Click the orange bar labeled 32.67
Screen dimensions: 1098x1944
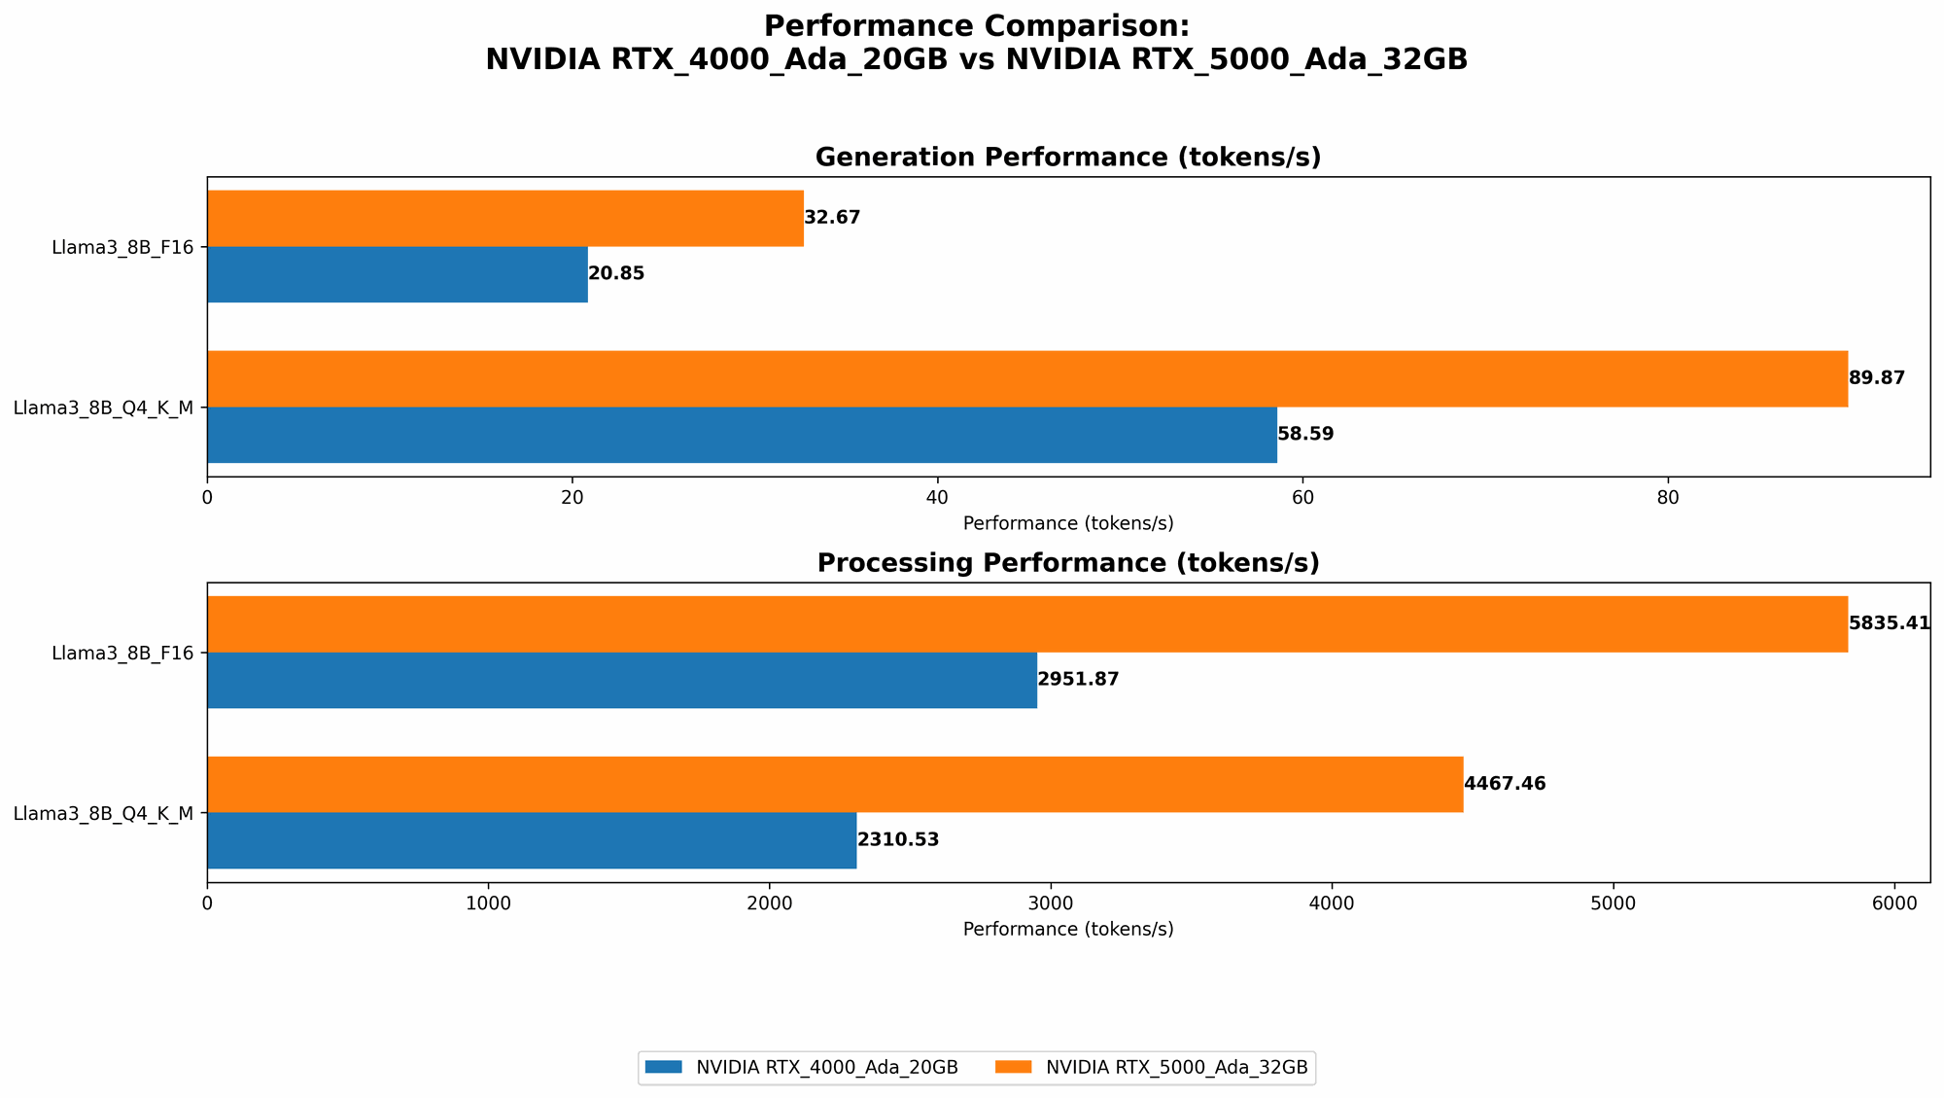(x=505, y=218)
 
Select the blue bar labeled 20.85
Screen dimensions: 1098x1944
(x=398, y=274)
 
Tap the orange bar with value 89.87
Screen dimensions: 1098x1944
(x=1026, y=378)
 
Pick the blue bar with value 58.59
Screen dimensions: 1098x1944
(x=742, y=435)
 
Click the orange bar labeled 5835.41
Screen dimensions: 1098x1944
(x=1026, y=623)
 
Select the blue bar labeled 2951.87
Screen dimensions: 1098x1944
(x=622, y=680)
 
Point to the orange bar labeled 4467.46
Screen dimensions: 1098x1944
(x=835, y=784)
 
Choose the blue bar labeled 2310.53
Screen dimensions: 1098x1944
(x=532, y=840)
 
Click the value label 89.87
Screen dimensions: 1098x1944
(x=1876, y=378)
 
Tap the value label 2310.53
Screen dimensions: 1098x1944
(x=898, y=840)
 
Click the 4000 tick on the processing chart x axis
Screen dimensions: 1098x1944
(x=1333, y=903)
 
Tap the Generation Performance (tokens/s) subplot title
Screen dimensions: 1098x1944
(x=1068, y=158)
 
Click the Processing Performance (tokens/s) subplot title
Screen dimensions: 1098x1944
(x=1068, y=563)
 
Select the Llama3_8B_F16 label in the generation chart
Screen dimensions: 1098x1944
(x=123, y=247)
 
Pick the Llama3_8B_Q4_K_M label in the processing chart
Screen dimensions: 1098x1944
(x=103, y=813)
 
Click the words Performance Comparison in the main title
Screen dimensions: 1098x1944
(x=976, y=26)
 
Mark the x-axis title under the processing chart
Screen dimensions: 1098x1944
(x=1068, y=929)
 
